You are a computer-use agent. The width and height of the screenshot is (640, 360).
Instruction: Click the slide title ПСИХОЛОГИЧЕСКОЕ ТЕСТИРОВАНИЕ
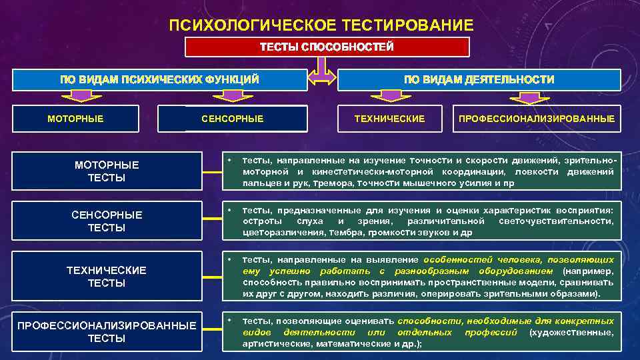pos(321,25)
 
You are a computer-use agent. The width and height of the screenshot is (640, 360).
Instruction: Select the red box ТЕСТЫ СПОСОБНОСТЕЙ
pos(327,47)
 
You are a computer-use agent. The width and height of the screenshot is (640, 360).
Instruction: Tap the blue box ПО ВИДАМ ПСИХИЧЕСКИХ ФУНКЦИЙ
pos(159,79)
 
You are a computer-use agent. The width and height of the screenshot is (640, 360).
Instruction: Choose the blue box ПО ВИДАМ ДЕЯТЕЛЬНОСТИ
pos(479,79)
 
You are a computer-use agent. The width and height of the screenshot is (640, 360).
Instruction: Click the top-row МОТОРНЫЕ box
pos(75,119)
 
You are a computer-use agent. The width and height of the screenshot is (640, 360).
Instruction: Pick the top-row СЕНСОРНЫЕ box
pos(233,119)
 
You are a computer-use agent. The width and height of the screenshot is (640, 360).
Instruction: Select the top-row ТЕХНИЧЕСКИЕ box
pos(389,119)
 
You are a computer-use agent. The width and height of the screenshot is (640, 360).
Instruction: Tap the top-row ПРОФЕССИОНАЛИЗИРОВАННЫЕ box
pos(536,119)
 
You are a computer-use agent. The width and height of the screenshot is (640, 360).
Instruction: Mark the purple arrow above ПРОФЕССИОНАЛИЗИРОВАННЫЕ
pos(531,97)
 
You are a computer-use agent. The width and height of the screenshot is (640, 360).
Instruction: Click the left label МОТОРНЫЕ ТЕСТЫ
pos(107,171)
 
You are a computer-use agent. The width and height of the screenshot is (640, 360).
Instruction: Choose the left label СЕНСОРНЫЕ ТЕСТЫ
pos(107,221)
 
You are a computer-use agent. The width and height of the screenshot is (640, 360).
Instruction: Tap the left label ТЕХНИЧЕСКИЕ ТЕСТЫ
pos(107,276)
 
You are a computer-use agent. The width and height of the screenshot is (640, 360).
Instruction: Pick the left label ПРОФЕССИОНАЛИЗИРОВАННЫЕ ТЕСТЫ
pos(107,331)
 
